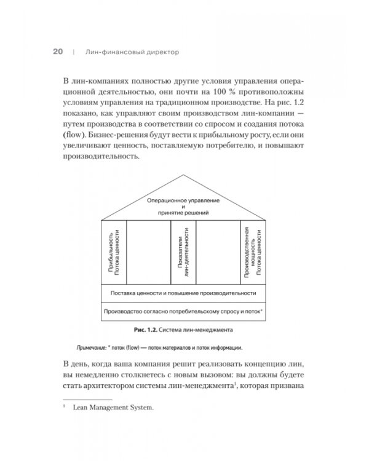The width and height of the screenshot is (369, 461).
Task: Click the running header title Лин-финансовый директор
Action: [x=127, y=53]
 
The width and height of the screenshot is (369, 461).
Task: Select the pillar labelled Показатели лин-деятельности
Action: [x=183, y=251]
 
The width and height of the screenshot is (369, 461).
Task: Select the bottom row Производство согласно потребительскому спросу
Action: [x=184, y=312]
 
